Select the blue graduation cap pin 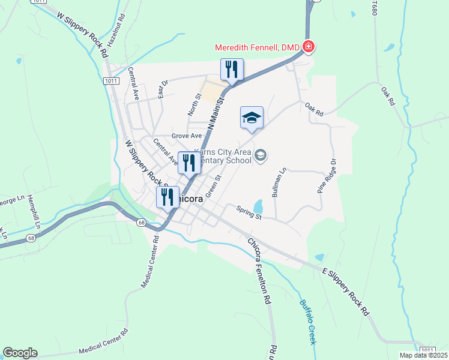coord(252,118)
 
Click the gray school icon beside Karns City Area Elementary coord(260,156)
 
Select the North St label coord(194,104)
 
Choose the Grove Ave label coord(186,136)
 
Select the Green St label coord(214,186)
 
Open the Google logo coord(20,353)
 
